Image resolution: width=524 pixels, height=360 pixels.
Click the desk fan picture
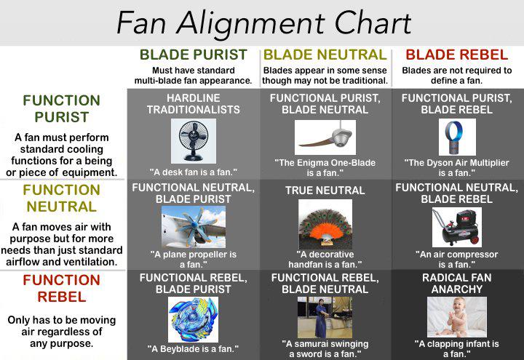click(x=194, y=141)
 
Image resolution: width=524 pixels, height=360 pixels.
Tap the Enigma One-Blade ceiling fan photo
click(x=325, y=137)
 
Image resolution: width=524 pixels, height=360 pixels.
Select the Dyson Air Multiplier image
click(x=457, y=137)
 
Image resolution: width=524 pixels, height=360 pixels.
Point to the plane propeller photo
click(x=194, y=227)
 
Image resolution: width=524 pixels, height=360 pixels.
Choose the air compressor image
click(x=457, y=227)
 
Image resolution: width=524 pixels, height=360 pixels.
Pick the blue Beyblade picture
click(x=193, y=319)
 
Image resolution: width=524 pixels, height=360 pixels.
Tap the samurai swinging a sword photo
click(x=325, y=317)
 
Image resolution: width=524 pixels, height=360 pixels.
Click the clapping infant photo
click(x=457, y=317)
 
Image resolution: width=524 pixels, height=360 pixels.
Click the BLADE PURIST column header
click(x=194, y=55)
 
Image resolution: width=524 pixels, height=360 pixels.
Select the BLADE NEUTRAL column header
click(x=325, y=55)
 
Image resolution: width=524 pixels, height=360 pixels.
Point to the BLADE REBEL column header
click(x=457, y=55)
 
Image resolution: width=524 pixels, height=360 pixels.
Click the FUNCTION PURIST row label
click(x=61, y=108)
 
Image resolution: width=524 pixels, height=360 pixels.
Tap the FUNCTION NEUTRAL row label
click(x=61, y=199)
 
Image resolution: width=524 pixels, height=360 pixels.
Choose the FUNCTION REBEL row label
click(x=61, y=288)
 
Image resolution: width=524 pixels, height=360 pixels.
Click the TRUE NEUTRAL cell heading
click(x=325, y=191)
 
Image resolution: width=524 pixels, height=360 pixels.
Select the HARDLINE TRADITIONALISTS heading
click(x=194, y=104)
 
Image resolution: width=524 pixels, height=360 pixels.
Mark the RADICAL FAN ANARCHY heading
click(x=457, y=284)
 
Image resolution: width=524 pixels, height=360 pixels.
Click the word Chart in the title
click(x=373, y=23)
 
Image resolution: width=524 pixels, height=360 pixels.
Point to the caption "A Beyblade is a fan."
click(x=193, y=349)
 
